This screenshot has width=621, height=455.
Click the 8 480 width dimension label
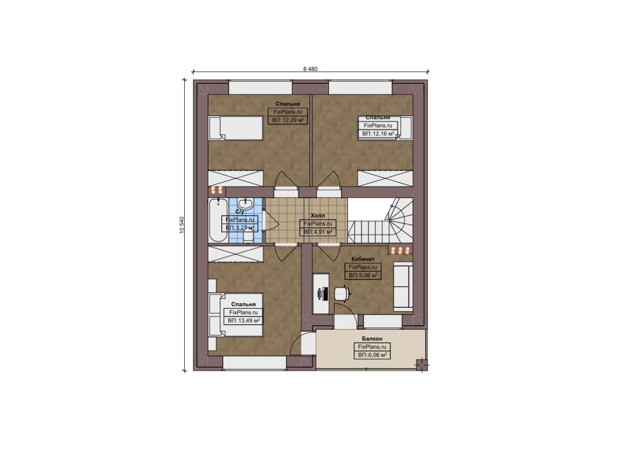point(310,69)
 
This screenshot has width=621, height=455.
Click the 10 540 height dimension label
point(182,224)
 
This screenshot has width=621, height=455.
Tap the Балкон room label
point(372,339)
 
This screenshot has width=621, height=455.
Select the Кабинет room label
point(363,259)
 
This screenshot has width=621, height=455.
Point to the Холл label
point(318,216)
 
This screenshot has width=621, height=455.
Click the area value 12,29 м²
point(288,120)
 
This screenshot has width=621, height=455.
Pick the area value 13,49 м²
point(244,320)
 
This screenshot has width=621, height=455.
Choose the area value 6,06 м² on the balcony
point(372,355)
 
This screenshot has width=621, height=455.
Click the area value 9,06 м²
point(363,275)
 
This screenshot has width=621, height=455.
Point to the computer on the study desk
point(323,294)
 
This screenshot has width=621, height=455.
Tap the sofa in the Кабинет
point(403,286)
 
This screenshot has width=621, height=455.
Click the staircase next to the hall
point(380,220)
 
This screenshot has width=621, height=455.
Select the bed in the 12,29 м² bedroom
point(236,128)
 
